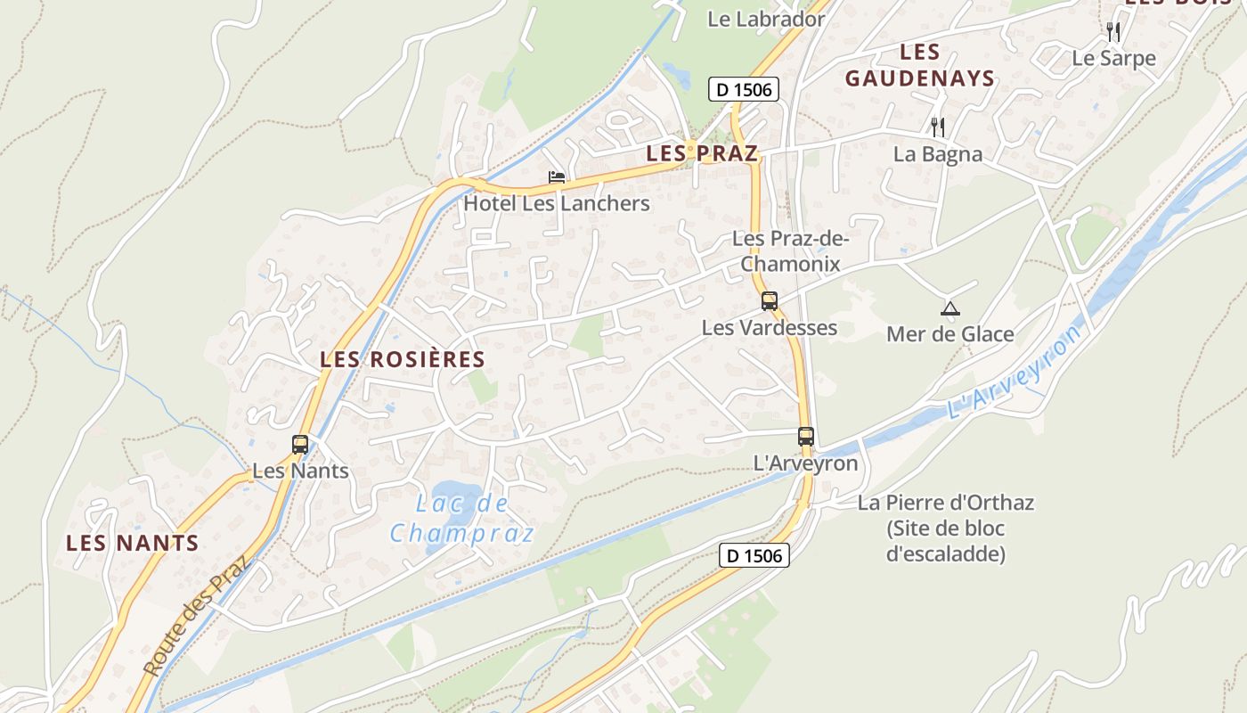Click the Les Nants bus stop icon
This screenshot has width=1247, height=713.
pos(300,444)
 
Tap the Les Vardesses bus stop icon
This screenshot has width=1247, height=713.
pos(770,301)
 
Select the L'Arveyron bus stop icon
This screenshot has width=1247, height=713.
pos(806,437)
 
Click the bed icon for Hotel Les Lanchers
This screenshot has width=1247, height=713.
pos(557,177)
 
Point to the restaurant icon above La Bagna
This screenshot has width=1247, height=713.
pos(937,127)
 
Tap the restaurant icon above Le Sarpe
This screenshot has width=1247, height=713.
pos(1113,32)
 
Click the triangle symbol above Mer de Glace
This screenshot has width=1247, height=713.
pos(950,309)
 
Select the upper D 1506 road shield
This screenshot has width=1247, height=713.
pos(744,89)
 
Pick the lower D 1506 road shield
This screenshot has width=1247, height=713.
pos(754,555)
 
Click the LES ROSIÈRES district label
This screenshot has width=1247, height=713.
pos(403,359)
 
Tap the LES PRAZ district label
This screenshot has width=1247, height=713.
pos(702,153)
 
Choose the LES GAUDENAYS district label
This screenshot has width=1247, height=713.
pos(920,65)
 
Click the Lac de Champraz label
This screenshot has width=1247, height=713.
pos(462,518)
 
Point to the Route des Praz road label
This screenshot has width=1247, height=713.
pos(198,615)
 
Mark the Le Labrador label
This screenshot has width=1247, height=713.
pos(766,19)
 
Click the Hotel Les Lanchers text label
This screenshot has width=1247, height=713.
pos(557,203)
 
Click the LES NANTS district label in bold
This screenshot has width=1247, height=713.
pos(132,543)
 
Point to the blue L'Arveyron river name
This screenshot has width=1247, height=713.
pos(1015,373)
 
